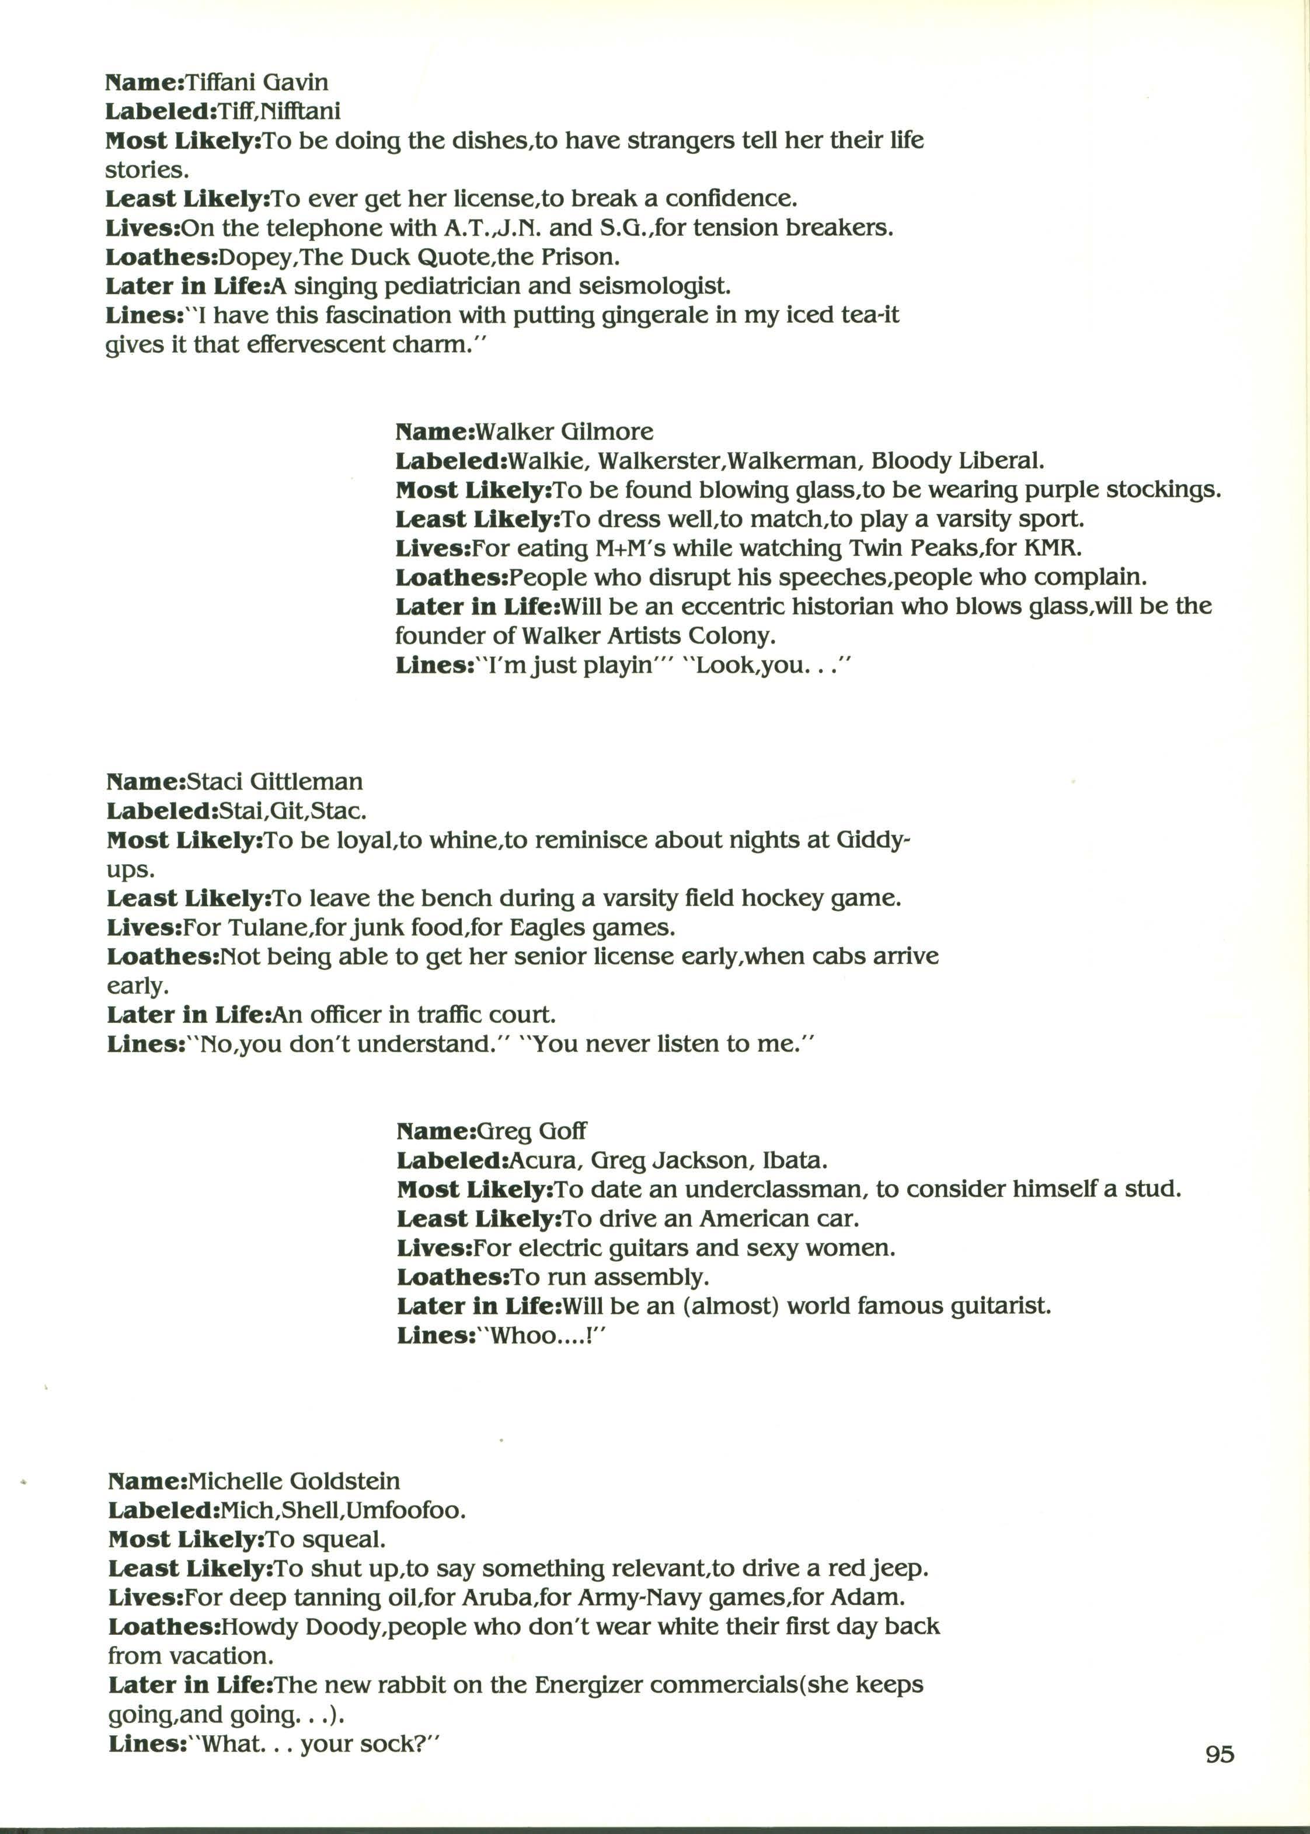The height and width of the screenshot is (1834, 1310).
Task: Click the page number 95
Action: coord(1220,1777)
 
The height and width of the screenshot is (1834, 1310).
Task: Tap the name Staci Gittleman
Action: coord(274,781)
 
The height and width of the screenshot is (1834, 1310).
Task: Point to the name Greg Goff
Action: coord(532,1131)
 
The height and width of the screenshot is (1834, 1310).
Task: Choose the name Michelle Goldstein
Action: coord(294,1481)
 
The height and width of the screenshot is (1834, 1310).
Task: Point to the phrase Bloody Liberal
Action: coord(957,461)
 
